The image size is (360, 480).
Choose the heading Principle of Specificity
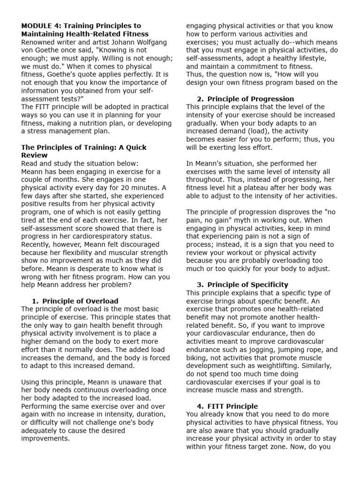(247, 285)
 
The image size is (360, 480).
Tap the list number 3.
(200, 285)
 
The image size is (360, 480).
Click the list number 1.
(35, 301)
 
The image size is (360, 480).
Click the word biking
(197, 358)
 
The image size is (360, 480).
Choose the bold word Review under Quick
(34, 155)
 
